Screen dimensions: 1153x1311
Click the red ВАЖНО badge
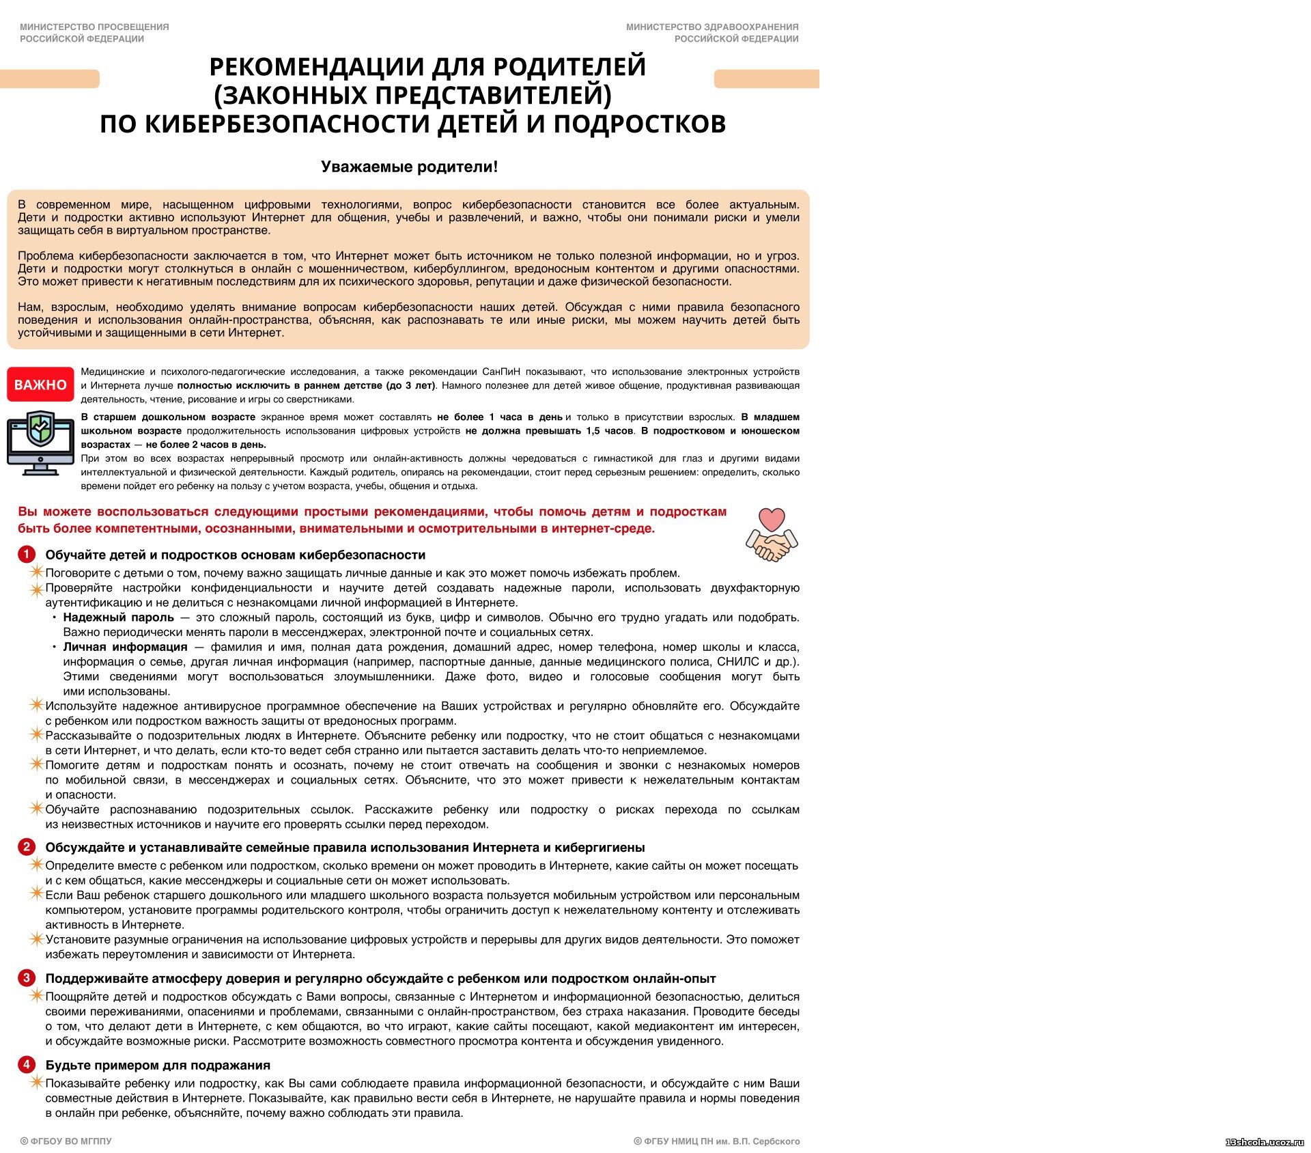[x=40, y=385]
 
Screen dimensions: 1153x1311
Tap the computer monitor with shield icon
[x=40, y=443]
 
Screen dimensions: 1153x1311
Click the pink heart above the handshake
[x=772, y=519]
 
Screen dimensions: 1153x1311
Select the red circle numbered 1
[x=27, y=554]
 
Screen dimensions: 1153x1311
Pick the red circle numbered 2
[x=27, y=847]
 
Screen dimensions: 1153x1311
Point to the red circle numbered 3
[x=27, y=977]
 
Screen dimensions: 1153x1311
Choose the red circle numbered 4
[x=27, y=1064]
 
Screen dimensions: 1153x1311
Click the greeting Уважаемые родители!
[x=409, y=167]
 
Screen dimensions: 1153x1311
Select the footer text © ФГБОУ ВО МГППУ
[x=66, y=1141]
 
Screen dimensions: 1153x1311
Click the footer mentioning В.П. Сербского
[x=717, y=1141]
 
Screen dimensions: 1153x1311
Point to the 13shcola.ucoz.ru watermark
[x=1265, y=1142]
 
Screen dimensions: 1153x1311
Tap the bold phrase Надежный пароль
[x=118, y=617]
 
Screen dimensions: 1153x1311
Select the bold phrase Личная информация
[x=125, y=647]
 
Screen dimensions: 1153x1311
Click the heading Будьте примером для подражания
[x=158, y=1065]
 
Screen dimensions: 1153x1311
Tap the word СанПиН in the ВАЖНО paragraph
[x=501, y=372]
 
